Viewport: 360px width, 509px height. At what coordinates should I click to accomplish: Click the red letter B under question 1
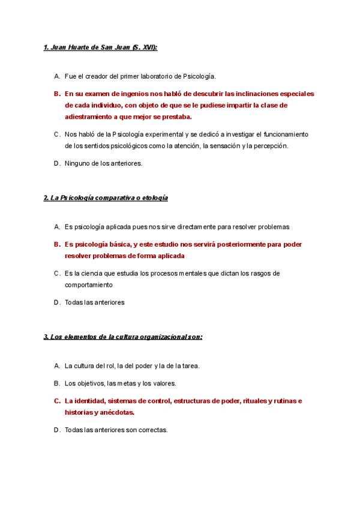(56, 94)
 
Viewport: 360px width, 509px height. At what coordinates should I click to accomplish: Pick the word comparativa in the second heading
(109, 197)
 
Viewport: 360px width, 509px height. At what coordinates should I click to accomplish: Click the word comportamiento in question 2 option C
(90, 285)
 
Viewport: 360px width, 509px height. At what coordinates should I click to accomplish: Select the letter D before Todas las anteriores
(56, 303)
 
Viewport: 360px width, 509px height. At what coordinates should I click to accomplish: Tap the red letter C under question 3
(56, 401)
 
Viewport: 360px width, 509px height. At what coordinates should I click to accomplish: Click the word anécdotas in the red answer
(116, 412)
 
